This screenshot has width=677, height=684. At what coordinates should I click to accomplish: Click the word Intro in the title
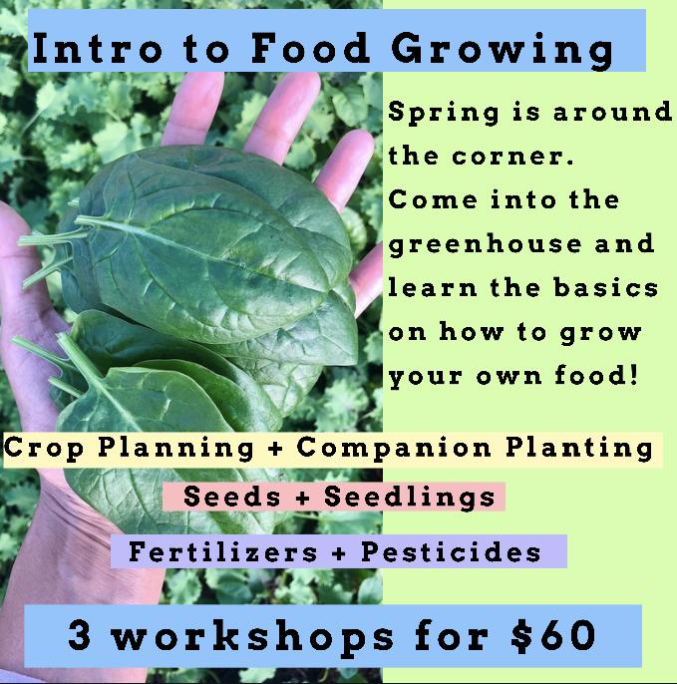98,48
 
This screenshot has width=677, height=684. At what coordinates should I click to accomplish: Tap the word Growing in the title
503,51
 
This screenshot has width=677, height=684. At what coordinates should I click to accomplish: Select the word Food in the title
311,48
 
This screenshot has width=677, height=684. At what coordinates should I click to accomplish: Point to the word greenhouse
485,245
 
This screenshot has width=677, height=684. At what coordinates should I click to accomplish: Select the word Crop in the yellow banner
44,449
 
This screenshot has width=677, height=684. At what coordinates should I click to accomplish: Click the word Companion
394,449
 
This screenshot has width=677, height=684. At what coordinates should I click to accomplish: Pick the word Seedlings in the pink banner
410,499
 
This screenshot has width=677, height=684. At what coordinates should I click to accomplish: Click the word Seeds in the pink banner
232,497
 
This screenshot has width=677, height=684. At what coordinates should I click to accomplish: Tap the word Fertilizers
223,551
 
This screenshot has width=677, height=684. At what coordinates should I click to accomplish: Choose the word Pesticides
451,551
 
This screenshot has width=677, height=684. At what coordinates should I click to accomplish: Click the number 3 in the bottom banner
80,636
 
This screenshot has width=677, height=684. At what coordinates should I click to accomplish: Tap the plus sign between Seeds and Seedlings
303,499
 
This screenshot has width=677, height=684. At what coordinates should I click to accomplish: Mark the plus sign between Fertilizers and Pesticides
339,553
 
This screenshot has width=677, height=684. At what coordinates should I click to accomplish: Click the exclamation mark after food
634,374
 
